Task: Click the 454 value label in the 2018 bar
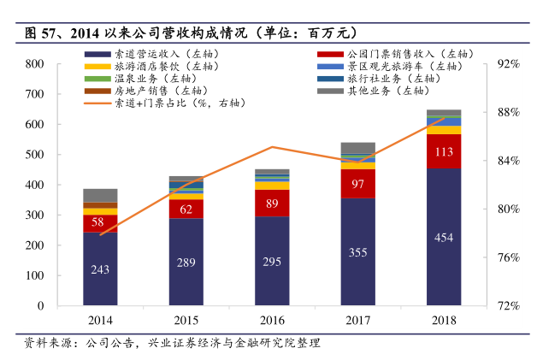[444, 237]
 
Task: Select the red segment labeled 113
[444, 152]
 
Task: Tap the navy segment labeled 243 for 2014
[100, 269]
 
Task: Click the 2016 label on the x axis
[273, 320]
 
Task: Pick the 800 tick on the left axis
[35, 64]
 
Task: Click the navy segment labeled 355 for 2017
[358, 252]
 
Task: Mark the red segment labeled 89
[273, 203]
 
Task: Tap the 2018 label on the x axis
[444, 320]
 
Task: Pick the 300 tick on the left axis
[35, 215]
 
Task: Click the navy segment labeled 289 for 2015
[186, 262]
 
